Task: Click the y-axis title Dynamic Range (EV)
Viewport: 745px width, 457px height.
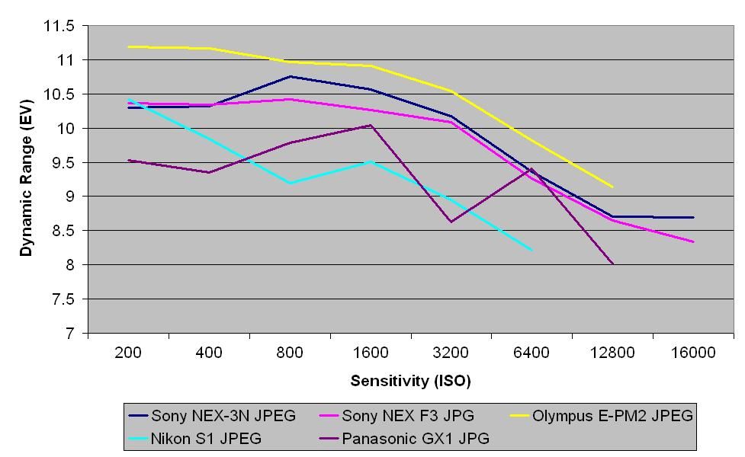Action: [27, 180]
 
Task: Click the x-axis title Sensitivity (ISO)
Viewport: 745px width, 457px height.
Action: [411, 379]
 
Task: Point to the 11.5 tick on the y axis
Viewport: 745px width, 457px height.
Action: [59, 26]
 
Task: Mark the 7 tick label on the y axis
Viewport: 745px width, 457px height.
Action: [70, 334]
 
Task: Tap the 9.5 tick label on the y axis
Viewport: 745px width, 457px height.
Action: [64, 162]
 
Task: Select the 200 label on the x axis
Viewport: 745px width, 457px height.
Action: [129, 353]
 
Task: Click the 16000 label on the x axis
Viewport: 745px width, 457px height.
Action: [693, 353]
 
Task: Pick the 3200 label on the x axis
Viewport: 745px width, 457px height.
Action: [451, 353]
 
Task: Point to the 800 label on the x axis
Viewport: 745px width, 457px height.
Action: [291, 353]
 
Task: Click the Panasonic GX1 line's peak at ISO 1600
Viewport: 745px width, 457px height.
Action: [371, 125]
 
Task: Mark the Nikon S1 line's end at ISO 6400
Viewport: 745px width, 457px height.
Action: [531, 250]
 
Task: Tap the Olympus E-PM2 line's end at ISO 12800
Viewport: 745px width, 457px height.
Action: [612, 187]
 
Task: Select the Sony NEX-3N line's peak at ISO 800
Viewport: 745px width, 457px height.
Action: [291, 76]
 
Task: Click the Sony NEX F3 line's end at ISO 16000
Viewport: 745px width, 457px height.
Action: [693, 242]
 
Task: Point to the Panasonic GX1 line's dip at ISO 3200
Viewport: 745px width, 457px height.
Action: [451, 222]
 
